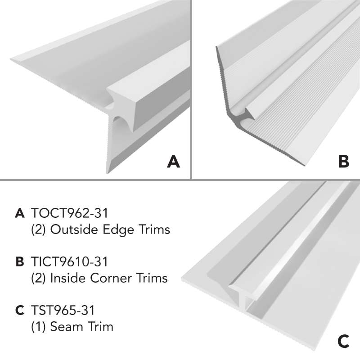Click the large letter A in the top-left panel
point(173,162)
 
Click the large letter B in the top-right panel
point(343,162)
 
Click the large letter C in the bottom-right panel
point(343,341)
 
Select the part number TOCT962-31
point(69,213)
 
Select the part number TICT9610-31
point(69,261)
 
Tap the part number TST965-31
point(63,310)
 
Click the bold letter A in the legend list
point(20,213)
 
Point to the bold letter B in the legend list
point(20,262)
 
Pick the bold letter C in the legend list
point(20,310)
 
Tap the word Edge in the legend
point(118,230)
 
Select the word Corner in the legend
point(111,278)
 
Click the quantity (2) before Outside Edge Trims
point(39,229)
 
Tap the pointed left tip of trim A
point(10,59)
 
